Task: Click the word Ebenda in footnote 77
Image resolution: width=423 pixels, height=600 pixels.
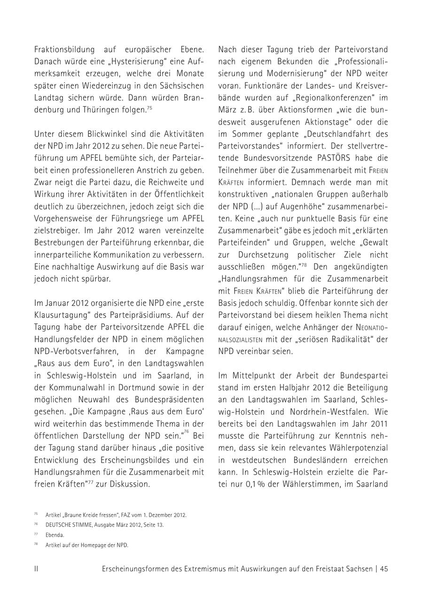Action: point(55,535)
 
